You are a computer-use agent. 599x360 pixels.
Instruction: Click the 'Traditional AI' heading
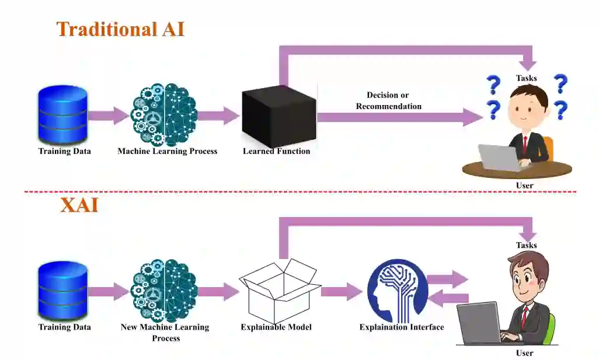point(120,29)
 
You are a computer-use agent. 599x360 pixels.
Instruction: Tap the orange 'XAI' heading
point(79,205)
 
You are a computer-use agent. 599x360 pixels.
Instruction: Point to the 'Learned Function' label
point(276,151)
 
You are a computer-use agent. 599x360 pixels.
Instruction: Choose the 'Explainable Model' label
point(276,327)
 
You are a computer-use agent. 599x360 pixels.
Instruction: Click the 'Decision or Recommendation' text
point(388,100)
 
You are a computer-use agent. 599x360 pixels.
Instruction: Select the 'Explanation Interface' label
point(402,327)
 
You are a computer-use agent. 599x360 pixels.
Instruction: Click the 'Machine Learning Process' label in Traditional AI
point(167,151)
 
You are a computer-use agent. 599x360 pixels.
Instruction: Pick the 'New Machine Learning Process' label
point(165,333)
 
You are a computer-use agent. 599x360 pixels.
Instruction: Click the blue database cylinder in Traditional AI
point(62,115)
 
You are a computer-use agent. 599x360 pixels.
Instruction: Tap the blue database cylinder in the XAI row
point(62,291)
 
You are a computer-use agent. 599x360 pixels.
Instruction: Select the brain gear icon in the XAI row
point(164,291)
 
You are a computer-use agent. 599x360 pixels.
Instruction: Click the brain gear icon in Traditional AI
point(164,115)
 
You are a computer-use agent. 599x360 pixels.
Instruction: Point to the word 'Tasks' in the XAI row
point(526,246)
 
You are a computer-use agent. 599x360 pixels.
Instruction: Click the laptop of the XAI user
point(479,323)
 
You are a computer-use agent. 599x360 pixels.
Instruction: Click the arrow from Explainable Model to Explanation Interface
point(341,291)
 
